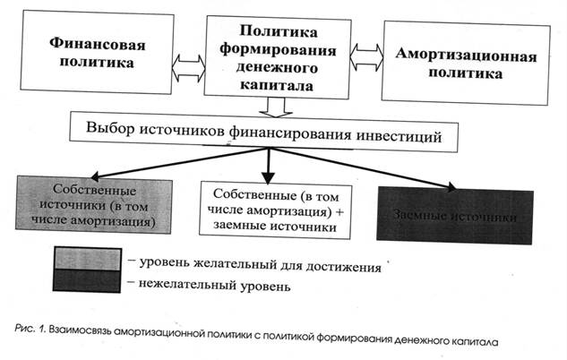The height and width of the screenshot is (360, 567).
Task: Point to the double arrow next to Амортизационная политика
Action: click(365, 58)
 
